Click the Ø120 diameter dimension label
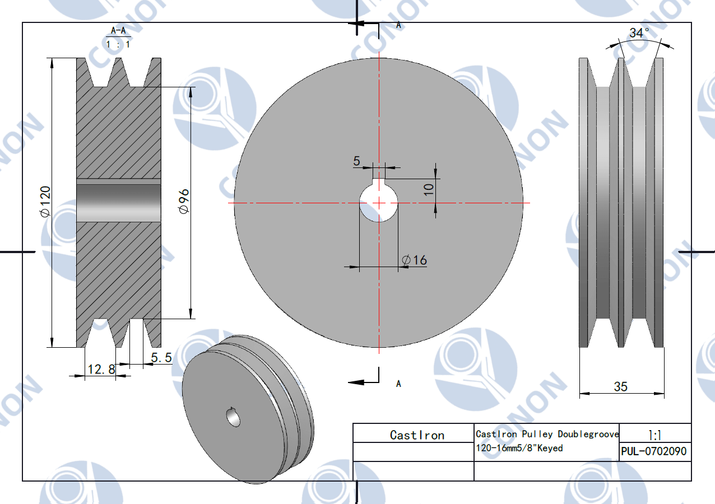pos(45,202)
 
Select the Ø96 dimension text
pos(184,201)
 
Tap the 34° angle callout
pos(639,33)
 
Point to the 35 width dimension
pos(620,386)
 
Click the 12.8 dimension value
pos(101,370)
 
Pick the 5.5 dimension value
pos(161,357)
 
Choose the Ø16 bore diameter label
pos(414,260)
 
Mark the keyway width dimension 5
pos(356,161)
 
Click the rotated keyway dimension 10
pos(429,189)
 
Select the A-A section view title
pos(118,31)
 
